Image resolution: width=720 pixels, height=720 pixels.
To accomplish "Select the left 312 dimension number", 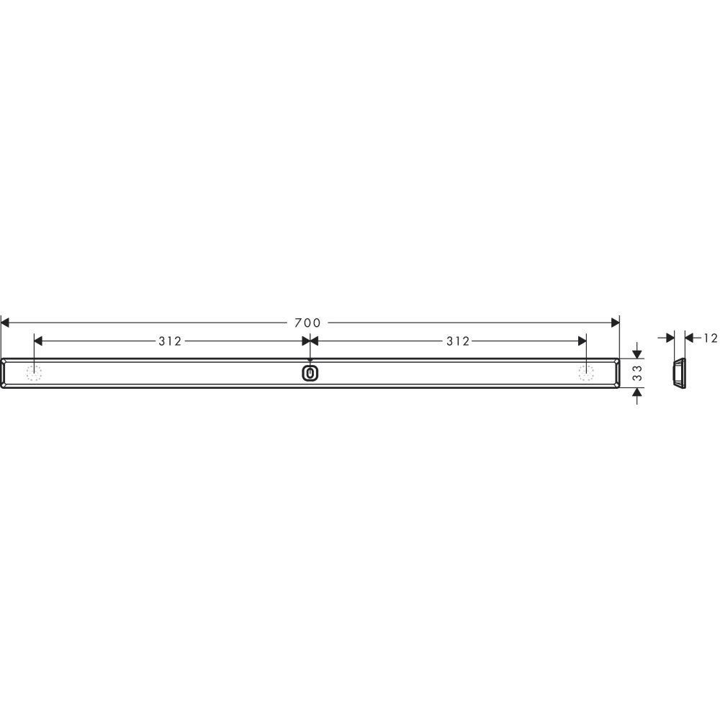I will click(x=170, y=341).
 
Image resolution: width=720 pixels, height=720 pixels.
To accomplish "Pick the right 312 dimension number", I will click(x=457, y=341).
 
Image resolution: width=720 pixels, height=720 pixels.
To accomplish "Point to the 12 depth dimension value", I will click(x=711, y=337).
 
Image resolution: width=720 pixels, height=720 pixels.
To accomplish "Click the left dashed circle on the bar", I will click(x=34, y=372).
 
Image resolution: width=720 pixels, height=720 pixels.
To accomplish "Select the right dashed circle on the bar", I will click(x=586, y=372).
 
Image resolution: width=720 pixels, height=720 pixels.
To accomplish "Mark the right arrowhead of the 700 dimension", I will click(x=614, y=323).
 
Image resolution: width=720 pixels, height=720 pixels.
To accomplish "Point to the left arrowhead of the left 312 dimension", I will click(x=39, y=341).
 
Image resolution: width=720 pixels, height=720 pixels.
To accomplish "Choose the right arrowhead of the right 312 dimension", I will click(x=581, y=341).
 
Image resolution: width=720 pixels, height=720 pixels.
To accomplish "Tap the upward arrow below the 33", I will click(x=637, y=393).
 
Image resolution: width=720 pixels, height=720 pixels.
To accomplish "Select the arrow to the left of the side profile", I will click(x=669, y=337).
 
